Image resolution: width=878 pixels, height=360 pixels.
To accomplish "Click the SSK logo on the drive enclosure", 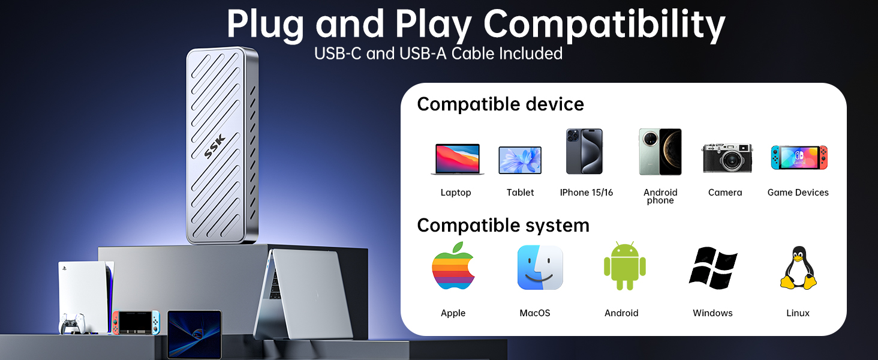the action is click(215, 146).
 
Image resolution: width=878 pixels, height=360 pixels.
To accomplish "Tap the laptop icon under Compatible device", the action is click(458, 159).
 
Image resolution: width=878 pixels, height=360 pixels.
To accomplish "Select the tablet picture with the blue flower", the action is click(520, 160).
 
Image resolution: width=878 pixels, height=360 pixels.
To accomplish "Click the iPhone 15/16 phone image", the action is click(584, 151).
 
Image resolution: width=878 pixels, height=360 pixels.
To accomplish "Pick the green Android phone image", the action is click(660, 151).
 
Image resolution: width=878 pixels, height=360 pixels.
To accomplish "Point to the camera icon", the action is click(727, 158).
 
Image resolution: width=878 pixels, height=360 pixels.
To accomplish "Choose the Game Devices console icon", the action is click(799, 157).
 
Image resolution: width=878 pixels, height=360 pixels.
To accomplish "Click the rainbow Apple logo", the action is click(453, 266).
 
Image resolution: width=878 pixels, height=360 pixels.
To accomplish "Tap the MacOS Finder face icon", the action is click(540, 268).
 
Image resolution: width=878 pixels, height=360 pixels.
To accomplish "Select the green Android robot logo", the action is click(625, 266).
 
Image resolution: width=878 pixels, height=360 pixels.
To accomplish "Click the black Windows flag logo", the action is click(713, 268).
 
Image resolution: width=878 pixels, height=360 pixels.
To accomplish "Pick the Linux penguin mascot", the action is click(798, 268).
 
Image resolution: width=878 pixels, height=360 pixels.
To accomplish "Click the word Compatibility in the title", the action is click(604, 25).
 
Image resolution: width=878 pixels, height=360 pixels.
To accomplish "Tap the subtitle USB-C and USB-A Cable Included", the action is click(438, 53).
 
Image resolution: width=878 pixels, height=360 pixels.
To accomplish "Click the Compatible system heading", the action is click(503, 226).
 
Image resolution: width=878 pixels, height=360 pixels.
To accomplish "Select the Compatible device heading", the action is click(500, 104).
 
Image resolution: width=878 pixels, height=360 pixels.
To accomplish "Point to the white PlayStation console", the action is click(85, 297).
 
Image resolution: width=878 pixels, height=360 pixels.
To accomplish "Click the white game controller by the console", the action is click(73, 323).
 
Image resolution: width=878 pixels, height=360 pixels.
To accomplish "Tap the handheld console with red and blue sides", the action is click(136, 323).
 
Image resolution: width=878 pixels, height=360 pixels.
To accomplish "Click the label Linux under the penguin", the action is click(798, 313).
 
